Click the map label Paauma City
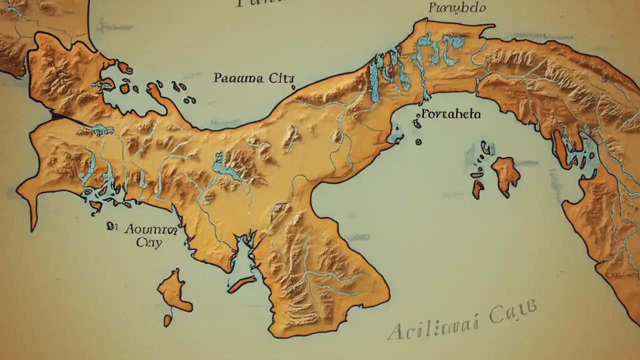coord(254,78)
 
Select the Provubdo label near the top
coord(457,8)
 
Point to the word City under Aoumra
coord(149,243)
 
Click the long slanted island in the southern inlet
coord(242,284)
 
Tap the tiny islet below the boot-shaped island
coord(168,320)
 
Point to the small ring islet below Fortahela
coord(418,142)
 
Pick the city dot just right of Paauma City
coord(293,87)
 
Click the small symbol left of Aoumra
coord(109,226)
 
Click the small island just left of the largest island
coord(478,189)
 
